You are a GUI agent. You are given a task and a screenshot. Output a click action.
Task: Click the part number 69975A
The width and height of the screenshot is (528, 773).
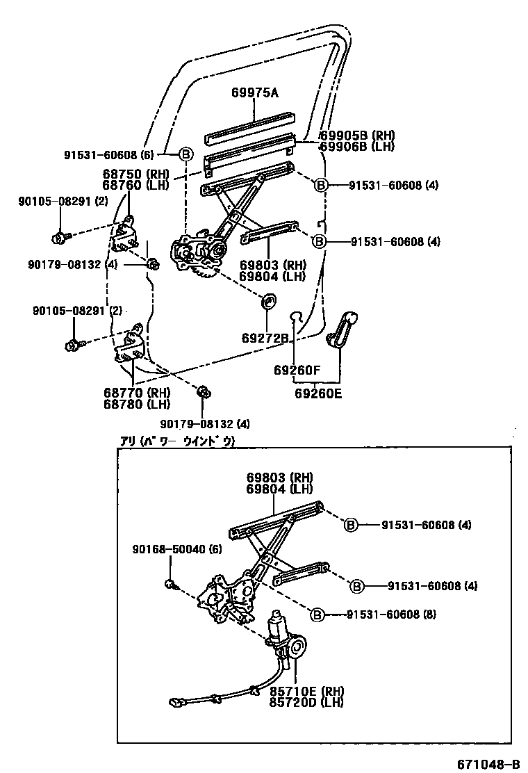(254, 92)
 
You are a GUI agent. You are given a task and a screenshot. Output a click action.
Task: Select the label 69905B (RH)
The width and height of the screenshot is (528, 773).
(356, 136)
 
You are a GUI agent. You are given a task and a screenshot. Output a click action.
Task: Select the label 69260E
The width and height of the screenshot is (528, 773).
(318, 393)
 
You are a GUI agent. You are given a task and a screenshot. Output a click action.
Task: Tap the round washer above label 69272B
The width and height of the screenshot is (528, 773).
(267, 303)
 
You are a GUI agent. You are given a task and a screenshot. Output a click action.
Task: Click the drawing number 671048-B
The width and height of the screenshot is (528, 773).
(488, 765)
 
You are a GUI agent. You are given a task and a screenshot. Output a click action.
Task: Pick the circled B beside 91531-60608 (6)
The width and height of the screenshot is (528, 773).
(185, 154)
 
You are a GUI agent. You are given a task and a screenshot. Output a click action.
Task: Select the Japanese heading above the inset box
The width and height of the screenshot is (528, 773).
(178, 441)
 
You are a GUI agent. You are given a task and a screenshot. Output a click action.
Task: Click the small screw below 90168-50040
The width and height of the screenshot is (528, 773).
(170, 583)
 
